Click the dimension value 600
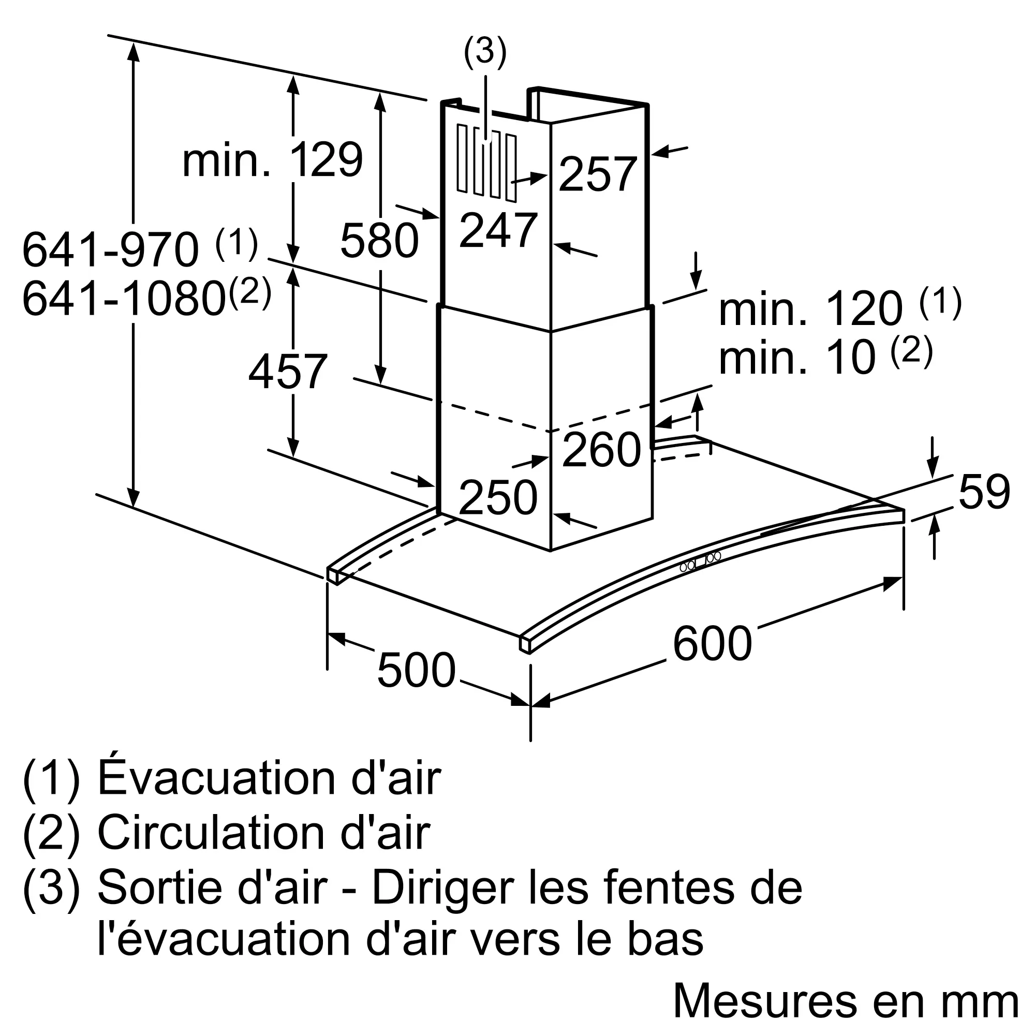click(712, 643)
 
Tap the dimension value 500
click(416, 670)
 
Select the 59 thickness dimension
click(984, 492)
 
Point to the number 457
click(288, 371)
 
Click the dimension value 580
click(379, 241)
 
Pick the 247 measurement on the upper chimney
click(498, 230)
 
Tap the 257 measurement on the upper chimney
click(597, 174)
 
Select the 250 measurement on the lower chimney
click(498, 498)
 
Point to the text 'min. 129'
click(273, 159)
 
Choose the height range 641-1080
click(124, 299)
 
